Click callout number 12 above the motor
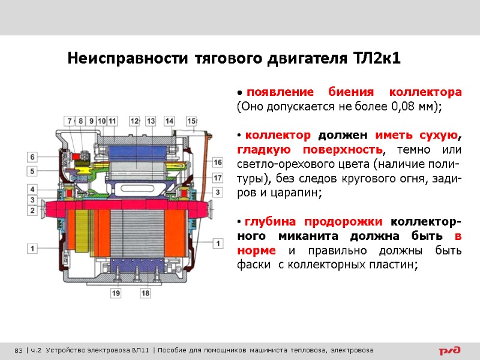(x=134, y=121)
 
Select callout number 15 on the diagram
(x=191, y=121)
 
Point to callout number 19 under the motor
(x=115, y=293)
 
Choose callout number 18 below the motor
(x=145, y=293)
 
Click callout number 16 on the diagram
(x=217, y=163)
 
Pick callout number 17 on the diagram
(x=217, y=178)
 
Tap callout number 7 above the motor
(x=70, y=121)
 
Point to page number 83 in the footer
(x=18, y=350)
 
